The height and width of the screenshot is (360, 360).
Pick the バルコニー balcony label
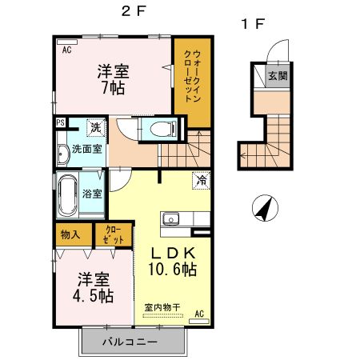(130, 342)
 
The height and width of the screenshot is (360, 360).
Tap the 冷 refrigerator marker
(201, 181)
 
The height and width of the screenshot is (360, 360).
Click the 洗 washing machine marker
(94, 127)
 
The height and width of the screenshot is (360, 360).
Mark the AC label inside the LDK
(199, 313)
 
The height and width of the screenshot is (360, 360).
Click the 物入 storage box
(70, 234)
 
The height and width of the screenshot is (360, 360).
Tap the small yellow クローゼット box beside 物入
(111, 234)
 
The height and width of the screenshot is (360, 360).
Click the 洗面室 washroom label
(86, 149)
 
